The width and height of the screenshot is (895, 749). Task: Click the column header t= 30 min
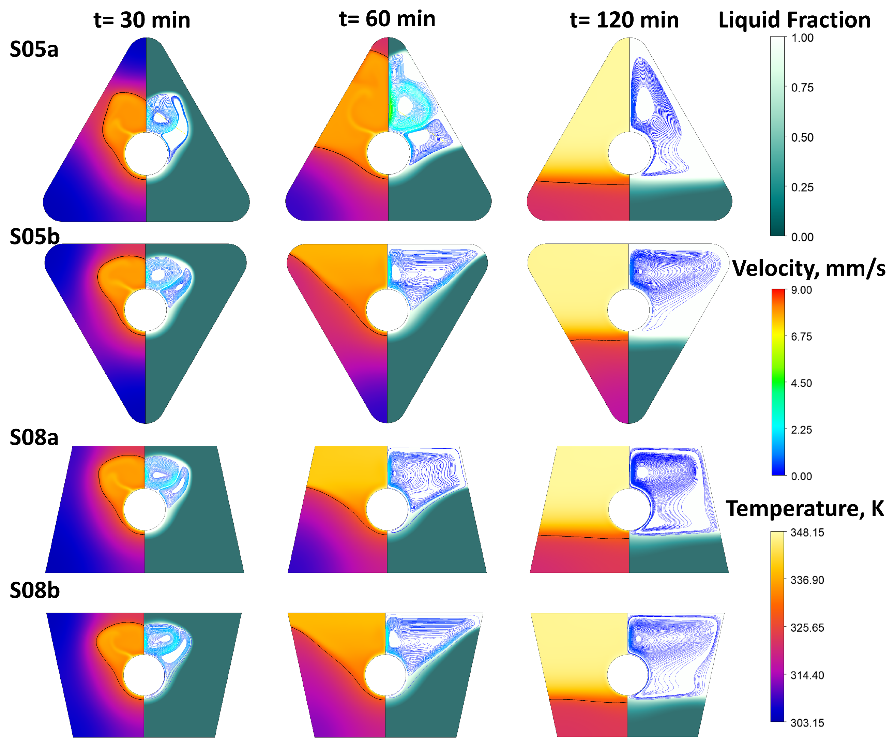click(141, 20)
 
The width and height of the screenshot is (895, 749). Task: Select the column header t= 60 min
click(387, 19)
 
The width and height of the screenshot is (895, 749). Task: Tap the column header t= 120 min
click(624, 20)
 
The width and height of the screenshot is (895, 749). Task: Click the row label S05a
click(34, 49)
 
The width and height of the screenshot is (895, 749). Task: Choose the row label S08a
click(34, 437)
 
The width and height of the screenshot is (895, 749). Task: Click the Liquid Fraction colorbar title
click(794, 20)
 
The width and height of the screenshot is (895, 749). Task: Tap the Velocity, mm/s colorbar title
click(808, 269)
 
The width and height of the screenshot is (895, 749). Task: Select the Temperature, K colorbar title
click(805, 509)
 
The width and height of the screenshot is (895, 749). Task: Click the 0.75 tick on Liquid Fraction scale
click(802, 88)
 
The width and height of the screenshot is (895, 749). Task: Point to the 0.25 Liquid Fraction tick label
click(802, 188)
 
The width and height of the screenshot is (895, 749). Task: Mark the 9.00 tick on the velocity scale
click(801, 290)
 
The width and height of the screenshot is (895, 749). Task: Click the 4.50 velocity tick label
click(801, 383)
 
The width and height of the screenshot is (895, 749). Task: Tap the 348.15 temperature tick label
click(807, 533)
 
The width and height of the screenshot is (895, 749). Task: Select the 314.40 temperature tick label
click(807, 675)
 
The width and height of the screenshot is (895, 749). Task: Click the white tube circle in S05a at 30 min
click(146, 153)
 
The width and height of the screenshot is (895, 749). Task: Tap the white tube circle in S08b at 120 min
click(628, 675)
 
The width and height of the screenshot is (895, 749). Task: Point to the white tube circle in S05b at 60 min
click(387, 310)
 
